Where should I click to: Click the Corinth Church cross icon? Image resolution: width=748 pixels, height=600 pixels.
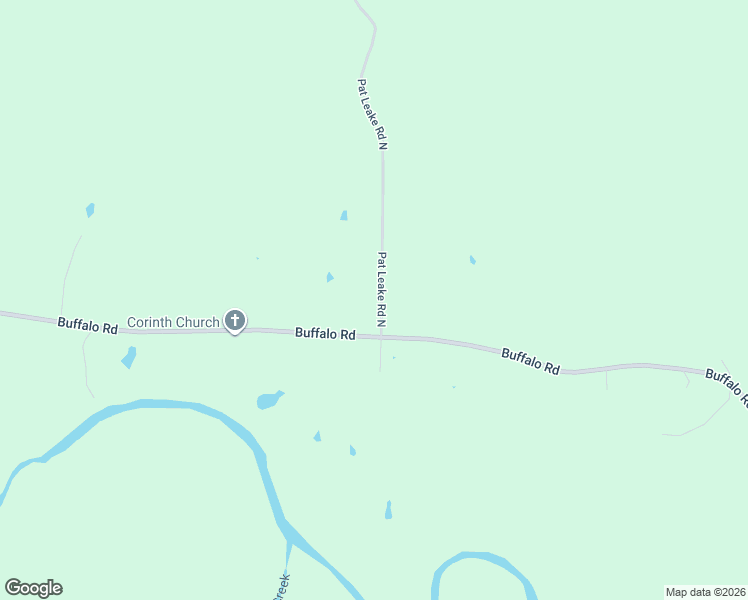(235, 321)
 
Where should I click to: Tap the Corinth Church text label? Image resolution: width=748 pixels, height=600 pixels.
(172, 323)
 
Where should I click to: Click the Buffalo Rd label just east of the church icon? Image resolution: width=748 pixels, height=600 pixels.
(325, 334)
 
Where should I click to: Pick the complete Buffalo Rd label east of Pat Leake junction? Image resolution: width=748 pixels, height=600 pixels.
(530, 361)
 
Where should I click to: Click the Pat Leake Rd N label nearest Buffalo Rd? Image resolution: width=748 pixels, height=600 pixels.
(381, 288)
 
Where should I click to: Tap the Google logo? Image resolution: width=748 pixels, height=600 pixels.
(33, 588)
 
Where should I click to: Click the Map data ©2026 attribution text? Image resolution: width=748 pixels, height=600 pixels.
(704, 592)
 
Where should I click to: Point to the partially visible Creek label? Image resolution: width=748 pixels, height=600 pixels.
(282, 586)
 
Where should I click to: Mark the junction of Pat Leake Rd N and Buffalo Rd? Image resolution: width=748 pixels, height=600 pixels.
(381, 337)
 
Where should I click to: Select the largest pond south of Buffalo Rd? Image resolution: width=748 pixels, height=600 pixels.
(269, 400)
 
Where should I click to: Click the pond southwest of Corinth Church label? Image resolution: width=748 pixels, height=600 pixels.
(128, 357)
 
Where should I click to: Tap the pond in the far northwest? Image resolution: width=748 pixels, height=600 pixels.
(90, 210)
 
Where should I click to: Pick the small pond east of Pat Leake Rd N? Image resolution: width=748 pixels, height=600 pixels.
(472, 260)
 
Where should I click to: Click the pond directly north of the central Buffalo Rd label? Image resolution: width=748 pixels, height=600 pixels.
(329, 277)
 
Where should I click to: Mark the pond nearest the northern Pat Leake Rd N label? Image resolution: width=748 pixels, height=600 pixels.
(344, 215)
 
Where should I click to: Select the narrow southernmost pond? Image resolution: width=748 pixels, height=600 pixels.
(388, 510)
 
